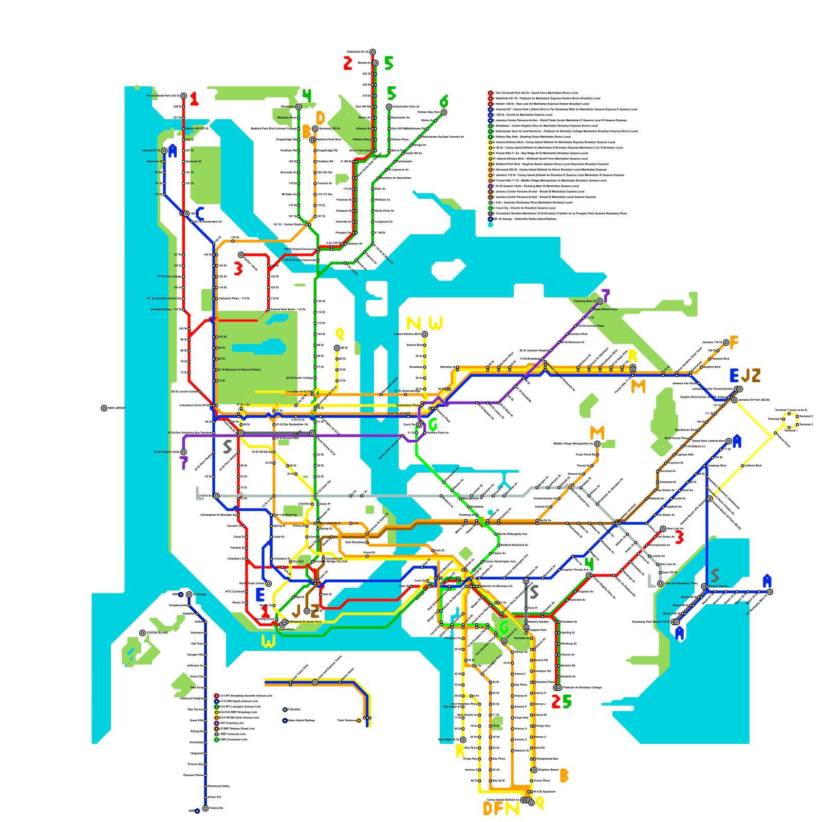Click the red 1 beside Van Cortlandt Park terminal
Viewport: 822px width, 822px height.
tap(194, 99)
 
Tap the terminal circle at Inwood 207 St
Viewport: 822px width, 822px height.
tap(164, 151)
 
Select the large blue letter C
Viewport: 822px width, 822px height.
tap(200, 213)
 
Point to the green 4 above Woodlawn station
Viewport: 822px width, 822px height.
tap(307, 96)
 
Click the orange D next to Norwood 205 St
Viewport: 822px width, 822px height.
tap(320, 118)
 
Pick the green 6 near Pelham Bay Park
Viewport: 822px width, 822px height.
tap(444, 101)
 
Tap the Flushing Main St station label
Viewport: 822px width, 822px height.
tap(585, 301)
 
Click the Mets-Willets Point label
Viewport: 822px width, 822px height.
tap(605, 309)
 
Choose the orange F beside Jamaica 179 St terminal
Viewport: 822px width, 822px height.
tap(734, 342)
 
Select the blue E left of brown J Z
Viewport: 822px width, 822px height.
tap(734, 376)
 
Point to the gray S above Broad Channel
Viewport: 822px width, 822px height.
tap(715, 575)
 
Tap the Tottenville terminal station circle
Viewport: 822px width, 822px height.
tap(206, 808)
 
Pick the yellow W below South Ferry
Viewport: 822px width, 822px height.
tap(268, 641)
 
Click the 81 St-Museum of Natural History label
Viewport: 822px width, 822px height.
tap(239, 369)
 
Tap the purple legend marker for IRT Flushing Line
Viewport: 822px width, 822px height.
tap(216, 723)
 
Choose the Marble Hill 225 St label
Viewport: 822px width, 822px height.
tap(197, 128)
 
